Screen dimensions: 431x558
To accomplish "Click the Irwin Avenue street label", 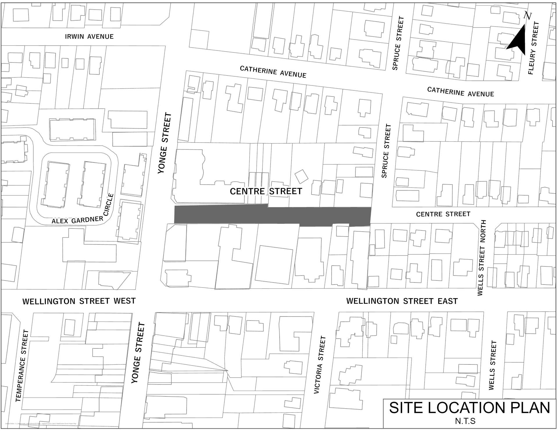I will [89, 37].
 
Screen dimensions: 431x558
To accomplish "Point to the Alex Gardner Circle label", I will [83, 216].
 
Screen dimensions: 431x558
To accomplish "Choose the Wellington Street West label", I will [79, 301].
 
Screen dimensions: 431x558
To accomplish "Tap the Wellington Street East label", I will [402, 301].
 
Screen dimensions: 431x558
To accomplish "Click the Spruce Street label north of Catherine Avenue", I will [398, 43].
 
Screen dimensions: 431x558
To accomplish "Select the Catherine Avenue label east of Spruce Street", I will [460, 92].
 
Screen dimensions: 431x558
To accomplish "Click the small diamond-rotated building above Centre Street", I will [301, 176].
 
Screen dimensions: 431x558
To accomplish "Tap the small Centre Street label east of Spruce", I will [443, 214].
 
